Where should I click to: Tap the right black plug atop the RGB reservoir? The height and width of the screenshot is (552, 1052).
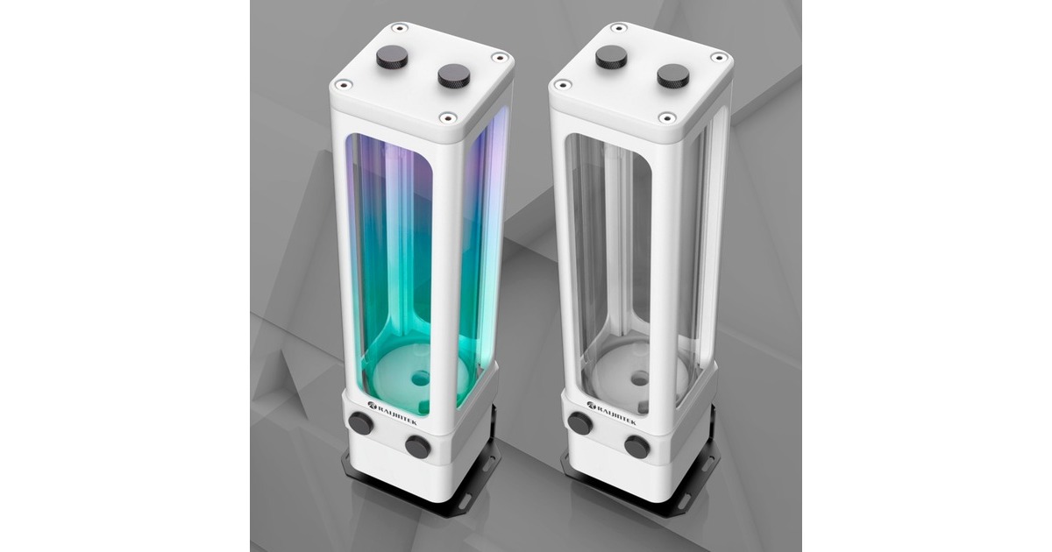point(452,76)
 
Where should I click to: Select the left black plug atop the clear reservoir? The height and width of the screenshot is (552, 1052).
point(610,58)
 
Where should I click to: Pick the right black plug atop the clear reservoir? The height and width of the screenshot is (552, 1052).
point(672,76)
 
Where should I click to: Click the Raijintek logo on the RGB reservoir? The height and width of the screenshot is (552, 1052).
point(397,406)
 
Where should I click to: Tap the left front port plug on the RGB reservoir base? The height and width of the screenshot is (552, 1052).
point(359,423)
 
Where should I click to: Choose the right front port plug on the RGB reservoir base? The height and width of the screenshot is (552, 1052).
point(417,447)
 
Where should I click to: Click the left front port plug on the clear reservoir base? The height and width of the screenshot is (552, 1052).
point(579,423)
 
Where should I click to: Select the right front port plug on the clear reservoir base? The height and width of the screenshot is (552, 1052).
point(636,447)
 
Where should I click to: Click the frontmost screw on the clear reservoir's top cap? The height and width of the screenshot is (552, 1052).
point(666,117)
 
